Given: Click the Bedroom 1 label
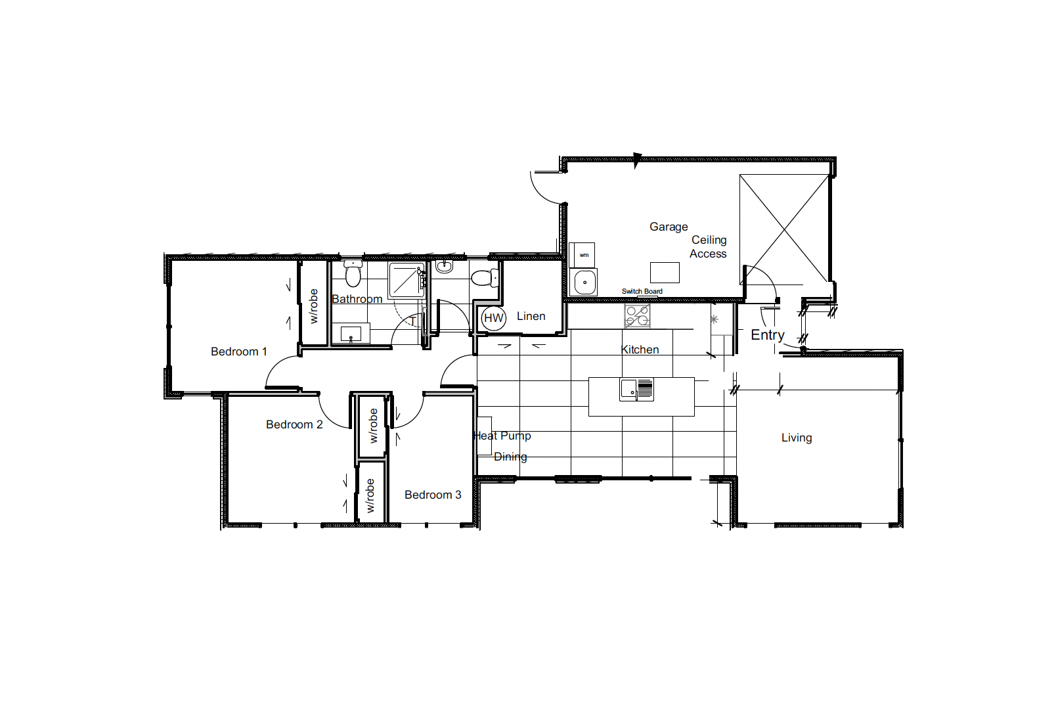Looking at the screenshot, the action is click(x=238, y=352).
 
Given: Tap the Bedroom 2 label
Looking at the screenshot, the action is click(x=294, y=424).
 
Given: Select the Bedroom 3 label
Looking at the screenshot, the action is click(x=433, y=495).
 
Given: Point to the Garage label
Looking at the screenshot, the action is click(x=669, y=227).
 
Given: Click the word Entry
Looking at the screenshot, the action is click(x=768, y=336).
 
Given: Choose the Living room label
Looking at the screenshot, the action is click(x=797, y=438).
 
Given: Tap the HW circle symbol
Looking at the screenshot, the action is click(x=494, y=318).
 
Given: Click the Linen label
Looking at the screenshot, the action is click(x=531, y=316).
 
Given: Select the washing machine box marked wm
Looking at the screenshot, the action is click(x=582, y=255).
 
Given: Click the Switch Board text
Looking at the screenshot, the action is click(x=642, y=291).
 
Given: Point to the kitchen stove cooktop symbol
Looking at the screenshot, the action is click(x=638, y=315).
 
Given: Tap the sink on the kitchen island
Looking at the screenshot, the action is click(x=636, y=390).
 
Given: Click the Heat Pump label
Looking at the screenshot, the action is click(x=502, y=436).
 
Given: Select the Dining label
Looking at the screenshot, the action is click(x=510, y=457).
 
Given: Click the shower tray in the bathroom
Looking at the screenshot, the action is click(x=407, y=281).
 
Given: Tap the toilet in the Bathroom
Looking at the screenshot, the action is click(x=353, y=273).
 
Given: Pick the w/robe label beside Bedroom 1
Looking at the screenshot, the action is click(x=313, y=306).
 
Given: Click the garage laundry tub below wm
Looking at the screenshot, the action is click(x=584, y=282).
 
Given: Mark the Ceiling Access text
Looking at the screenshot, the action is click(x=708, y=247).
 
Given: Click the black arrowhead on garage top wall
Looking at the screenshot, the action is click(x=637, y=160).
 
